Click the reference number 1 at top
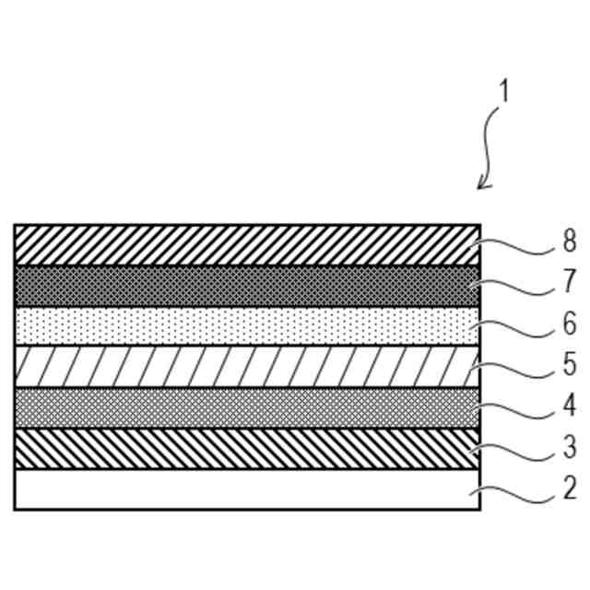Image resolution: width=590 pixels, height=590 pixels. (504, 92)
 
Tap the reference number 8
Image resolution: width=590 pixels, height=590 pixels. (569, 242)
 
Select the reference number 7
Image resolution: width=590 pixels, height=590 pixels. (569, 282)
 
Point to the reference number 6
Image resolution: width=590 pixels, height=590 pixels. (569, 324)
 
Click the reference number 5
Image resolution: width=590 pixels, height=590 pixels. (569, 364)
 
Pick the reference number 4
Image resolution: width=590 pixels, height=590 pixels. (569, 405)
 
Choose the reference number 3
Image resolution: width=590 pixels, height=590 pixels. (569, 446)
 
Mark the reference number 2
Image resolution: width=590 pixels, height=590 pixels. (569, 488)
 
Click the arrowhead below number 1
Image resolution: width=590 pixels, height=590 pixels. (481, 186)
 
